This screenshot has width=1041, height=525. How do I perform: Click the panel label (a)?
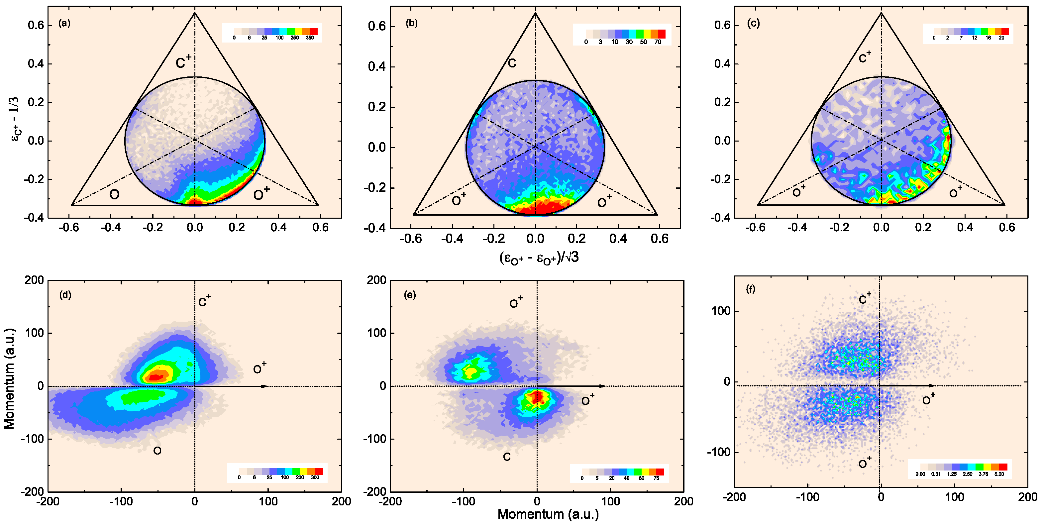64,24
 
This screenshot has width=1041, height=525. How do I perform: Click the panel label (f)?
751,289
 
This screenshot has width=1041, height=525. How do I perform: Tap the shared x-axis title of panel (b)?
539,258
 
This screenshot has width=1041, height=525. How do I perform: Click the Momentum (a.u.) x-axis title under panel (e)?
548,514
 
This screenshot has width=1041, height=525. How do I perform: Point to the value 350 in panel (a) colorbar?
310,38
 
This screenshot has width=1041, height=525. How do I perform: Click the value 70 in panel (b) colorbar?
658,42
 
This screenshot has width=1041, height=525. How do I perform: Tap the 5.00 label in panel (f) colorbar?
999,474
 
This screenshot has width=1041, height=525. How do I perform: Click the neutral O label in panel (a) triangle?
114,195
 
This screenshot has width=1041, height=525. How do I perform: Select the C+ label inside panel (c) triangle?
865,57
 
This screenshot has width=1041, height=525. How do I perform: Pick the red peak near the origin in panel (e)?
537,397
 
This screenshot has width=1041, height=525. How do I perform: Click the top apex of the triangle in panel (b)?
536,13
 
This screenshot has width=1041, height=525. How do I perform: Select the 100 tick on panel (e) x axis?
610,501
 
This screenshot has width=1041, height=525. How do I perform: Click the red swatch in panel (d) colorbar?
319,471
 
